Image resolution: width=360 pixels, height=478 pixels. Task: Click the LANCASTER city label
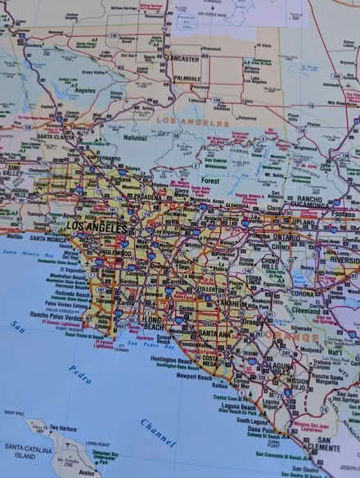pos(182,59)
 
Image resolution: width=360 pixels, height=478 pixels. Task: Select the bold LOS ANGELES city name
pos(97,225)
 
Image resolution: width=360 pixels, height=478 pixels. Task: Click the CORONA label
pos(303,293)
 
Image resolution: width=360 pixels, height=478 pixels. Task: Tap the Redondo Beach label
pos(51,292)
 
